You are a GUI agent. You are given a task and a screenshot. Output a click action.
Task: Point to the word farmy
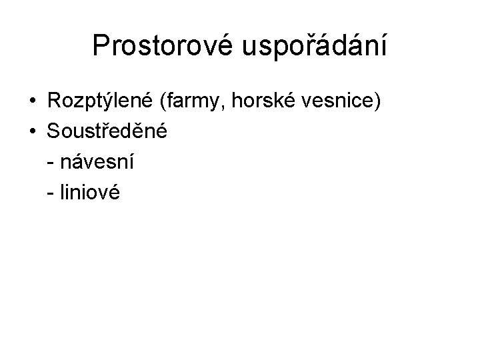tap(207, 101)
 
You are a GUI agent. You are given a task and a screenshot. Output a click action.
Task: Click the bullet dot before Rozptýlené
tap(32, 102)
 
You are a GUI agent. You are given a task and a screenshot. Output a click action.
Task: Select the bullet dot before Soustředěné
tap(32, 132)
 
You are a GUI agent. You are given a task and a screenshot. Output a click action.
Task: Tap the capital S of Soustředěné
tap(54, 131)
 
